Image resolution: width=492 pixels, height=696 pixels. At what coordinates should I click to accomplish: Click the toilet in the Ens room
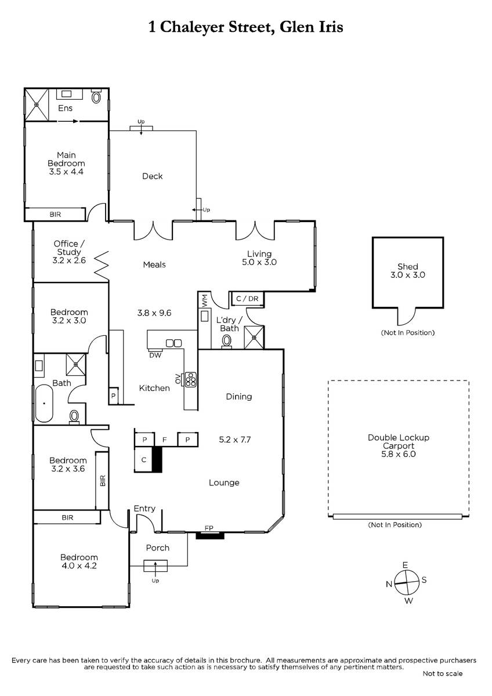[x=96, y=96]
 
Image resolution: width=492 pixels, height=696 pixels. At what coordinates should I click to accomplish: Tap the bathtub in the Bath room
[x=44, y=403]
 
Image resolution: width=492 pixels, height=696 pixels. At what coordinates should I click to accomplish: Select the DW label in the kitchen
[x=155, y=355]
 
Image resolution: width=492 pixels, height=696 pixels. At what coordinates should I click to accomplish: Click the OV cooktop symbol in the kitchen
[x=191, y=379]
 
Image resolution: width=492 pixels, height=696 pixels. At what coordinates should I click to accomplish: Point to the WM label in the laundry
[x=204, y=301]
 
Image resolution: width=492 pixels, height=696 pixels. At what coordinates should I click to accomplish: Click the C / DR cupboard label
[x=247, y=299]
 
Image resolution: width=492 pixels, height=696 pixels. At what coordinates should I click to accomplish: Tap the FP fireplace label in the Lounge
[x=209, y=528]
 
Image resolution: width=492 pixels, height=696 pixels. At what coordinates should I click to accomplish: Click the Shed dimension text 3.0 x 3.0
[x=408, y=275]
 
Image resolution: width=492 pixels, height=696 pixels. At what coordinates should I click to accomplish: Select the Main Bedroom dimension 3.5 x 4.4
[x=66, y=172]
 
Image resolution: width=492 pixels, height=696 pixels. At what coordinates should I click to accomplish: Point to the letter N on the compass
[x=389, y=584]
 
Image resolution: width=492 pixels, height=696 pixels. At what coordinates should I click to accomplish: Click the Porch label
[x=158, y=548]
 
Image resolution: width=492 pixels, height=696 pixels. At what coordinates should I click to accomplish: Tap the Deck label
[x=152, y=176]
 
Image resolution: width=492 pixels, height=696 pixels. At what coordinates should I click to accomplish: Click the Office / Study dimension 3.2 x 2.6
[x=69, y=260]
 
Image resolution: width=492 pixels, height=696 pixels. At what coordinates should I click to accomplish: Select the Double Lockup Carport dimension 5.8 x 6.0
[x=399, y=454]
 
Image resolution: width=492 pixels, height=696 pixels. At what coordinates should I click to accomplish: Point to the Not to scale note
[x=443, y=673]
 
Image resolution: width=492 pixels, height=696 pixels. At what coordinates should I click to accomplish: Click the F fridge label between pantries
[x=165, y=440]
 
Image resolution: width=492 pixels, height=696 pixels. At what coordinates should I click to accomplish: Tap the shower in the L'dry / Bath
[x=254, y=337]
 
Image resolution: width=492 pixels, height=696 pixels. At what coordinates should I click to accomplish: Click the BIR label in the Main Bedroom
[x=55, y=215]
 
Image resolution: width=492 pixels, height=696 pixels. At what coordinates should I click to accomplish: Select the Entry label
[x=144, y=509]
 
